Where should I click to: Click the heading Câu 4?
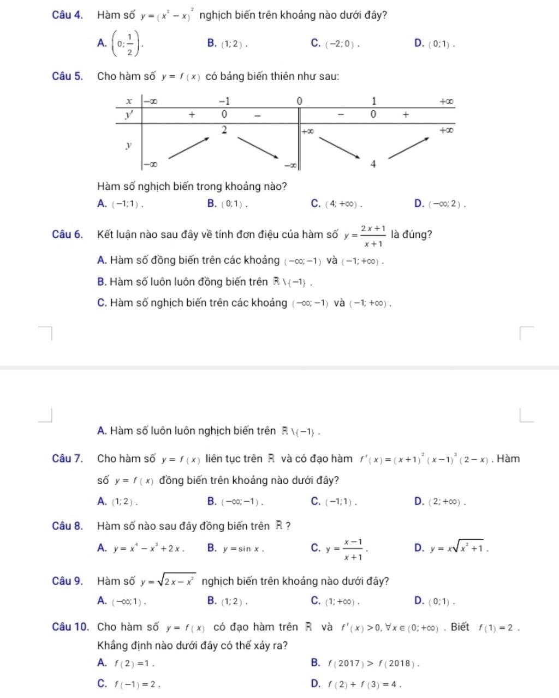click(68, 15)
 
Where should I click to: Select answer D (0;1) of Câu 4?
click(435, 44)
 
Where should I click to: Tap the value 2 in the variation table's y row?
click(224, 130)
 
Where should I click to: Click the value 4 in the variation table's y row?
click(373, 164)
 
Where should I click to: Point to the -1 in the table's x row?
click(224, 101)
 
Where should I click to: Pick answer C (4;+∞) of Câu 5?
click(336, 204)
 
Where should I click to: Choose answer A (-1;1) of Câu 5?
click(121, 204)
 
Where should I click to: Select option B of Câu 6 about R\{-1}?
click(204, 282)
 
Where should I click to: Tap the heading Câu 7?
click(68, 459)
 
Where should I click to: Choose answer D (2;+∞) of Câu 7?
click(440, 502)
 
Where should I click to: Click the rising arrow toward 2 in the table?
click(191, 147)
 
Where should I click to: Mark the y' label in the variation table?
click(129, 115)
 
